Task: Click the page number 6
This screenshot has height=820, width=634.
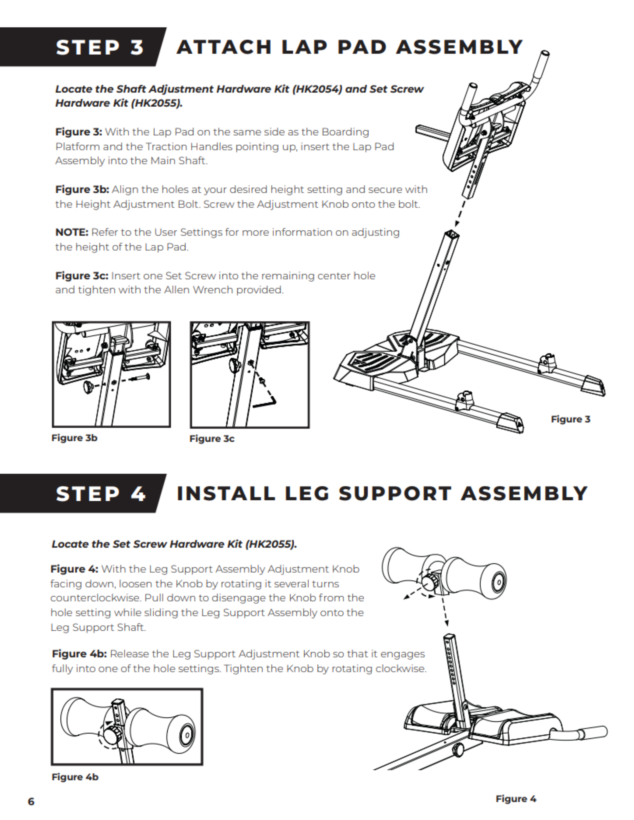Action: [31, 801]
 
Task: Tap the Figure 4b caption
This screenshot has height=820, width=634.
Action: [75, 777]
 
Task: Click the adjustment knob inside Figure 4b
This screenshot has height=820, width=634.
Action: [111, 734]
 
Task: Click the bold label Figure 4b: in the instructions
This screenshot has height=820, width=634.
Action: [79, 654]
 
